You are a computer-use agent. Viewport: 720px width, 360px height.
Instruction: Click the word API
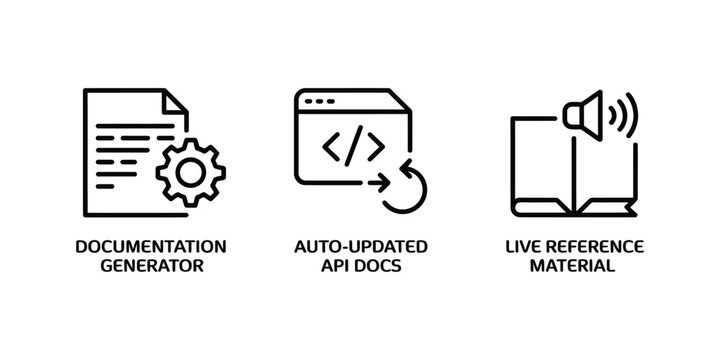click(334, 267)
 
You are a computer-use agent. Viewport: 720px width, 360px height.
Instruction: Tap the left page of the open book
click(540, 165)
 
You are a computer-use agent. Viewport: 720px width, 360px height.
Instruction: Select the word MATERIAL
click(574, 267)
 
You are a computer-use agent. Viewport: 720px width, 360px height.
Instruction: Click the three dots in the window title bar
click(319, 101)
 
